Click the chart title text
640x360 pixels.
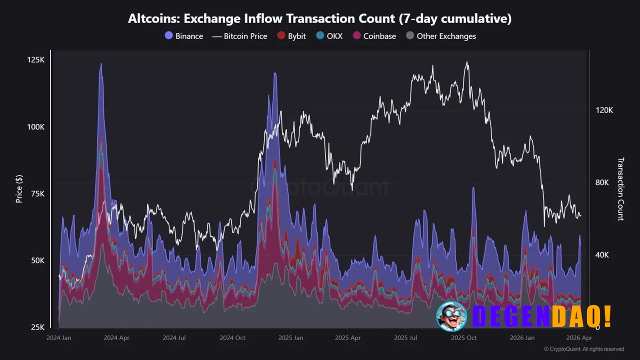pos(319,19)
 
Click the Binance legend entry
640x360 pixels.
pos(184,36)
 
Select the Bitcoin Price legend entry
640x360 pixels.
pos(240,36)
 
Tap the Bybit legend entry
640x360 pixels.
pos(291,36)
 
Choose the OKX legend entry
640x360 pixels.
pos(329,36)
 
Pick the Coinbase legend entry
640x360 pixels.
pos(374,36)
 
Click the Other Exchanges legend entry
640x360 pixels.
pos(440,36)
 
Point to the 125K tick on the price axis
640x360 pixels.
pos(35,60)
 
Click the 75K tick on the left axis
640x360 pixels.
pos(36,194)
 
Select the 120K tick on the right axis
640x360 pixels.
pos(604,110)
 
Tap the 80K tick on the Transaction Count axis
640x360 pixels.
pos(602,183)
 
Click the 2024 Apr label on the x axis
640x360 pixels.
pos(116,338)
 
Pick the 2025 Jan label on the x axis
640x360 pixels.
pos(290,338)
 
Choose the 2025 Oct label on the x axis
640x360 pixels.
pos(463,338)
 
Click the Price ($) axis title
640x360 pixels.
pos(19,189)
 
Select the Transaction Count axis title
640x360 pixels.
pos(620,189)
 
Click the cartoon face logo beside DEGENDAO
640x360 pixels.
pos(451,316)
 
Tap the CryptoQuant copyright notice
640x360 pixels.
pos(583,349)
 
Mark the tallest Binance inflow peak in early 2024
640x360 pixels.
pos(101,64)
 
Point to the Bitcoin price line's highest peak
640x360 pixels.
pos(467,62)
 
